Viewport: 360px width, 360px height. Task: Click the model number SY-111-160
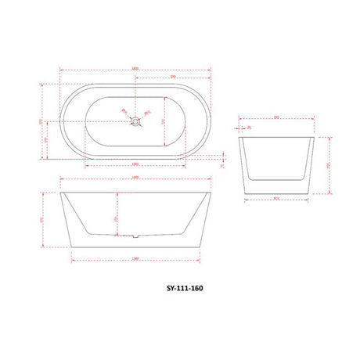pos(180,286)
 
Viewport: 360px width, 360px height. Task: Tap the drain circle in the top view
pos(135,121)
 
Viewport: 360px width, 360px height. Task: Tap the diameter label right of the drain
pos(149,111)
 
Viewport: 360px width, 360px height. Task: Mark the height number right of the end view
pos(329,165)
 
